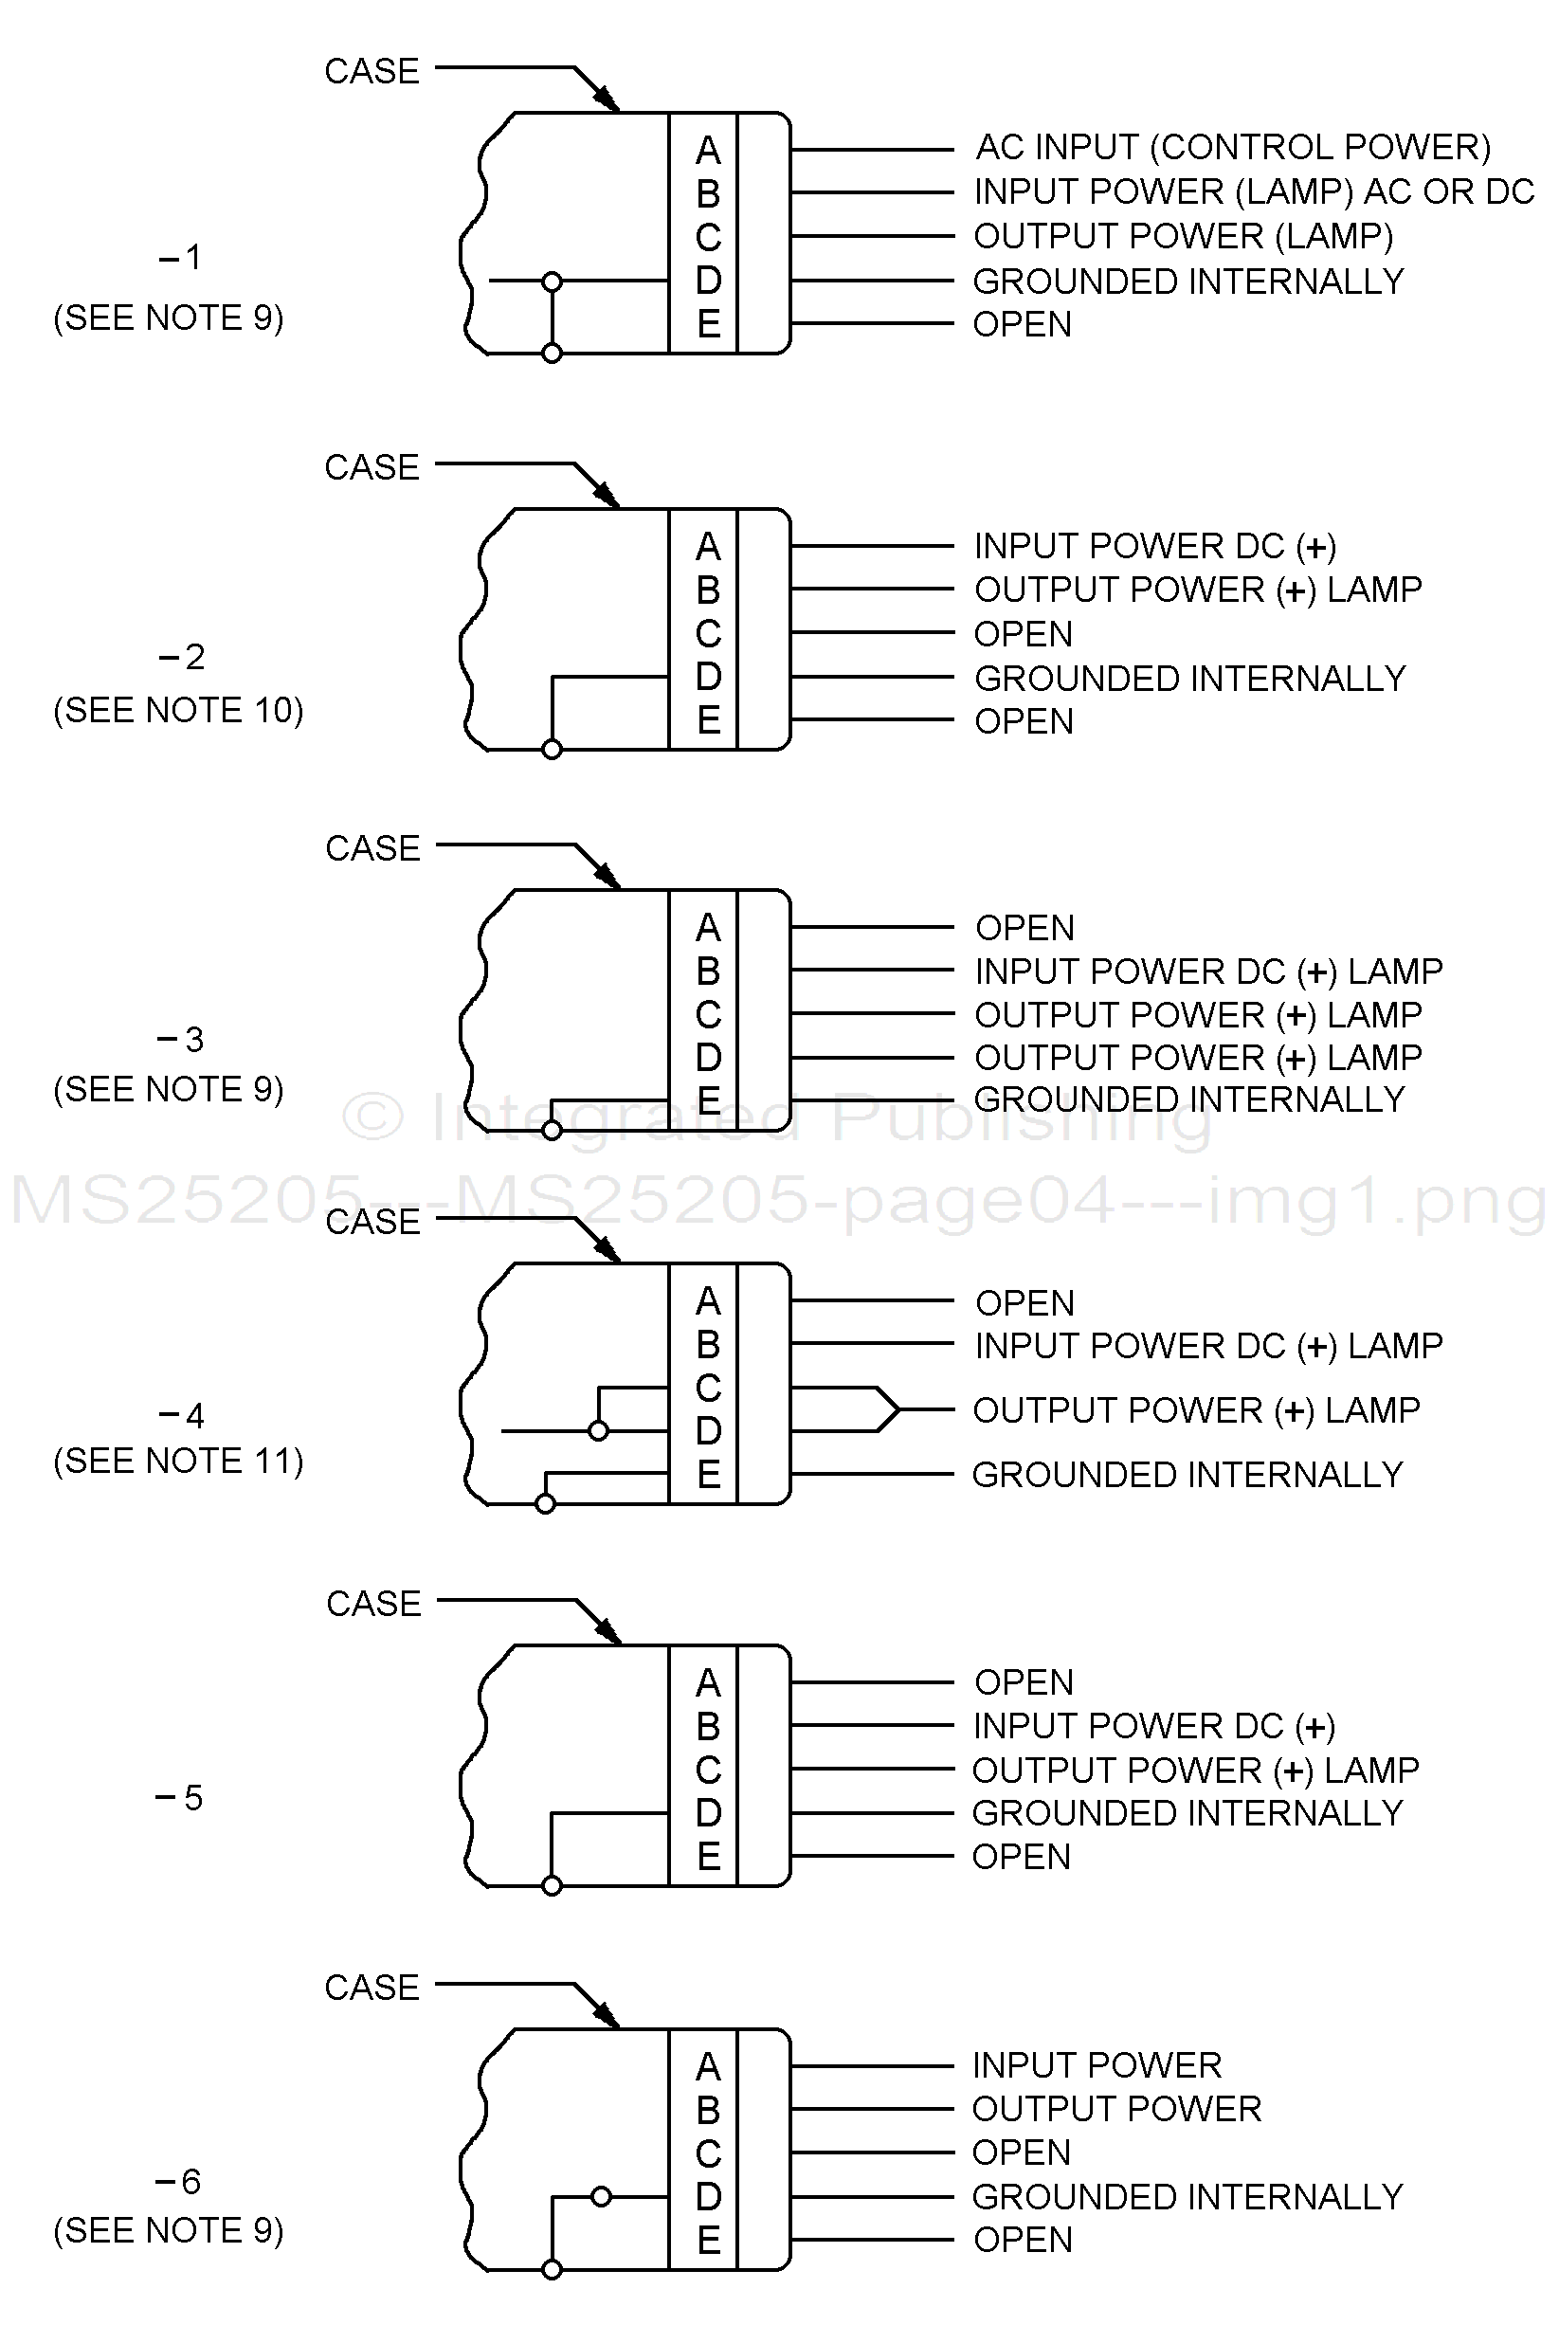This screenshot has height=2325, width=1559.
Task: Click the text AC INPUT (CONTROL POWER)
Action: click(1233, 147)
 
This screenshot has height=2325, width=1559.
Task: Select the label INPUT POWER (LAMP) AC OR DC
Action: click(1254, 191)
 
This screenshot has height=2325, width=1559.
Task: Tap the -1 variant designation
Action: click(181, 259)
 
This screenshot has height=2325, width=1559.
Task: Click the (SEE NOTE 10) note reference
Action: click(178, 710)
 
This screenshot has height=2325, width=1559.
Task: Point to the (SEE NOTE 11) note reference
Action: click(178, 1461)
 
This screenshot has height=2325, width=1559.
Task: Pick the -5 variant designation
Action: click(180, 1798)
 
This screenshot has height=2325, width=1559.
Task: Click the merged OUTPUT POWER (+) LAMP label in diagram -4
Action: click(1196, 1410)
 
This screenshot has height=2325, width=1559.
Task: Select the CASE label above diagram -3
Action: click(372, 848)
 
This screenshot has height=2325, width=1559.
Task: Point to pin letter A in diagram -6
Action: click(708, 2066)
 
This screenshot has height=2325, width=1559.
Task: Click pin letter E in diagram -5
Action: click(708, 1857)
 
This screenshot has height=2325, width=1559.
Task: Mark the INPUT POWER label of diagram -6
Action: click(1097, 2065)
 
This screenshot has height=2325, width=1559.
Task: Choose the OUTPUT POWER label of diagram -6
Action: click(1116, 2109)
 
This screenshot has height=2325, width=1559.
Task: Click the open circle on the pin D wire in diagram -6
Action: click(601, 2197)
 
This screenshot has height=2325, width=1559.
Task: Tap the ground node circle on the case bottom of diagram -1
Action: click(553, 353)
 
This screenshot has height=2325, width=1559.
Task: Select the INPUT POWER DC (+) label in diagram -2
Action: click(1154, 546)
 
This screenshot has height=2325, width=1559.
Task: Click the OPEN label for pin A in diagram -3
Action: click(1025, 928)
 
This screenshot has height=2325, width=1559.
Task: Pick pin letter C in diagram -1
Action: click(708, 238)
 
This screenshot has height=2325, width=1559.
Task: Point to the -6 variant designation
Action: click(179, 2182)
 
